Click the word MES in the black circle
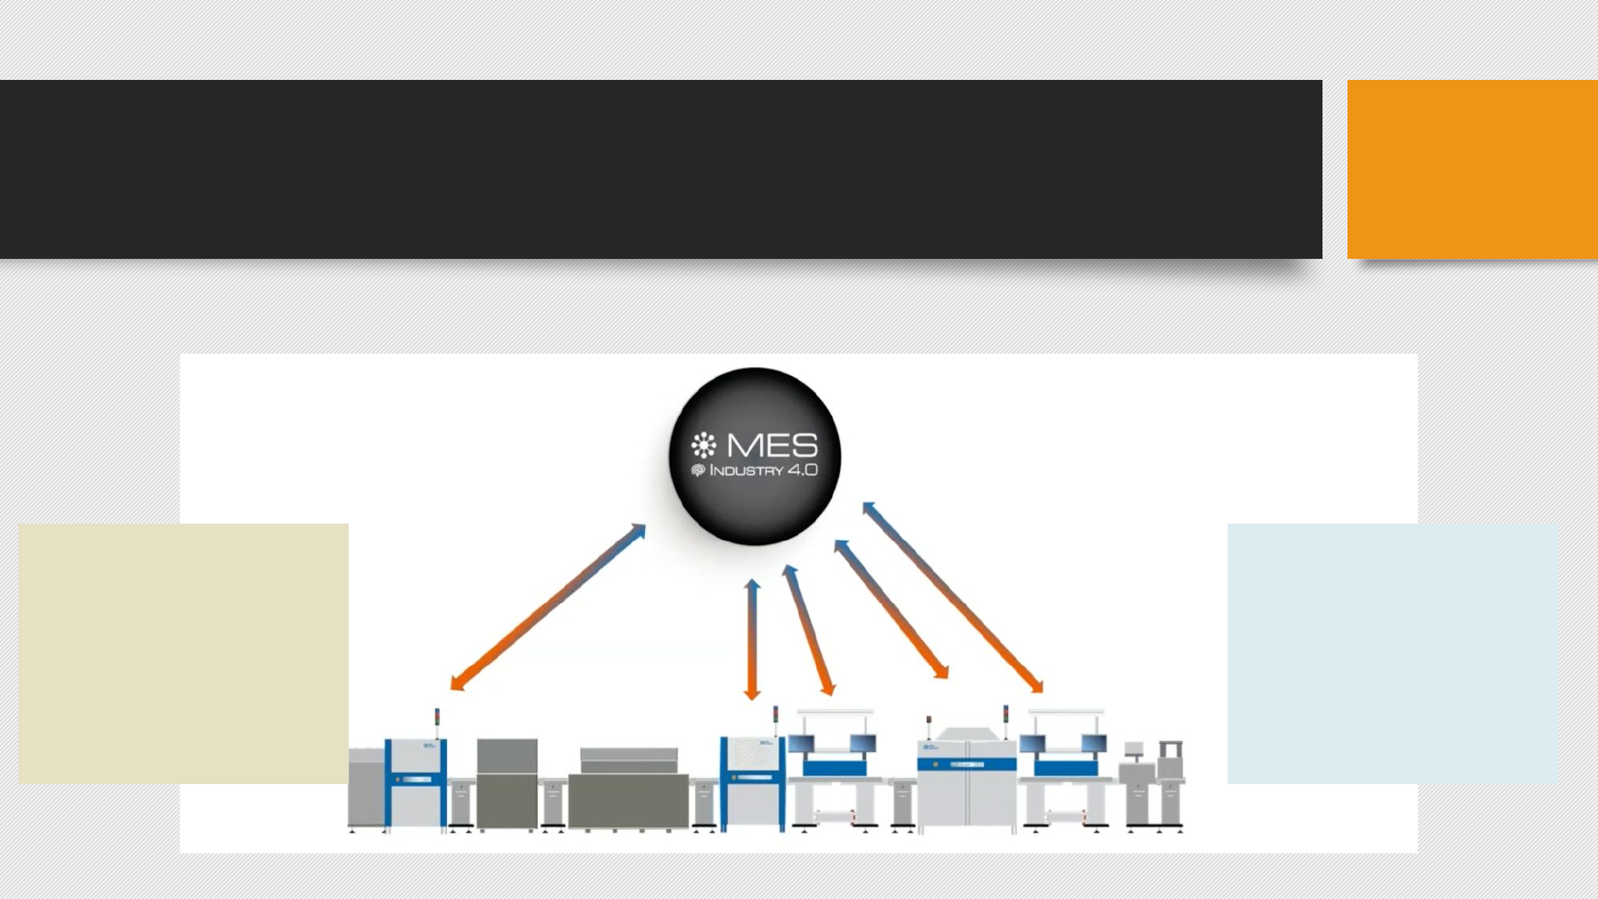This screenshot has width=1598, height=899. [772, 445]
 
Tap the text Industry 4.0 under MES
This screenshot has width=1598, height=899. [762, 470]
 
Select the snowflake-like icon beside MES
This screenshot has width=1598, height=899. [703, 445]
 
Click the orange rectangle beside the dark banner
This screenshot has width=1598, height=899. [1471, 169]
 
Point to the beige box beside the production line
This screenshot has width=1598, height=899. [183, 653]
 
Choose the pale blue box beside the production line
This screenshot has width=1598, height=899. [1392, 653]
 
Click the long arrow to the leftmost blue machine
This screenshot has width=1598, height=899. [548, 607]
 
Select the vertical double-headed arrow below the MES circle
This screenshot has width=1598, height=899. [752, 639]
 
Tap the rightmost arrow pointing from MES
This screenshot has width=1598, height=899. [953, 597]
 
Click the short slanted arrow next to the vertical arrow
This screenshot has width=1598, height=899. [809, 630]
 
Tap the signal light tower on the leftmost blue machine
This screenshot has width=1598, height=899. [437, 718]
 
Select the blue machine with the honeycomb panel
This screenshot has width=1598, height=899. [752, 782]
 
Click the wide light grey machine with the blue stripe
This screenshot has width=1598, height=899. [966, 778]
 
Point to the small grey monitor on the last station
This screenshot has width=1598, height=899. [1133, 749]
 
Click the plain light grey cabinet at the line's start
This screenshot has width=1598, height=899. [365, 787]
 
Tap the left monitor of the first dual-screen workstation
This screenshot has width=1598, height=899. [801, 743]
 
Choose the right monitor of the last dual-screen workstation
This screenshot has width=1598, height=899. [1094, 743]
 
